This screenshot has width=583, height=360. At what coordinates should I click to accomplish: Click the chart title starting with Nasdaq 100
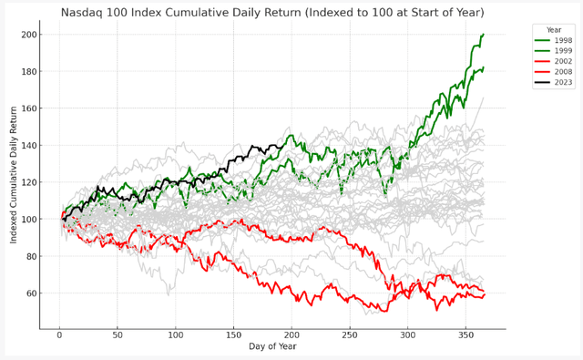[272, 13]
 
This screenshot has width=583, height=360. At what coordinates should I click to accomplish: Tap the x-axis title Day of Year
[272, 346]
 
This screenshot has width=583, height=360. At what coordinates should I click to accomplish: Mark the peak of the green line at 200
[483, 35]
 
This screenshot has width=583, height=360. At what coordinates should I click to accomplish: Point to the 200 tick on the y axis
[29, 35]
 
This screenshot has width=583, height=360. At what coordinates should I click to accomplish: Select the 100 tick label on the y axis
[29, 220]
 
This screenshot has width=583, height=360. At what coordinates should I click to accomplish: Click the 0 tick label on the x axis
[59, 335]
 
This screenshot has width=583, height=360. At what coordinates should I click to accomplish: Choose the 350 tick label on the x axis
[465, 335]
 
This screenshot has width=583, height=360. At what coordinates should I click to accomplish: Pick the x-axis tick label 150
[233, 335]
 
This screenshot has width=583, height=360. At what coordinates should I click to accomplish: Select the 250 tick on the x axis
[350, 335]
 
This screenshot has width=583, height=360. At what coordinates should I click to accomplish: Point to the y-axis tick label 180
[29, 72]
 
